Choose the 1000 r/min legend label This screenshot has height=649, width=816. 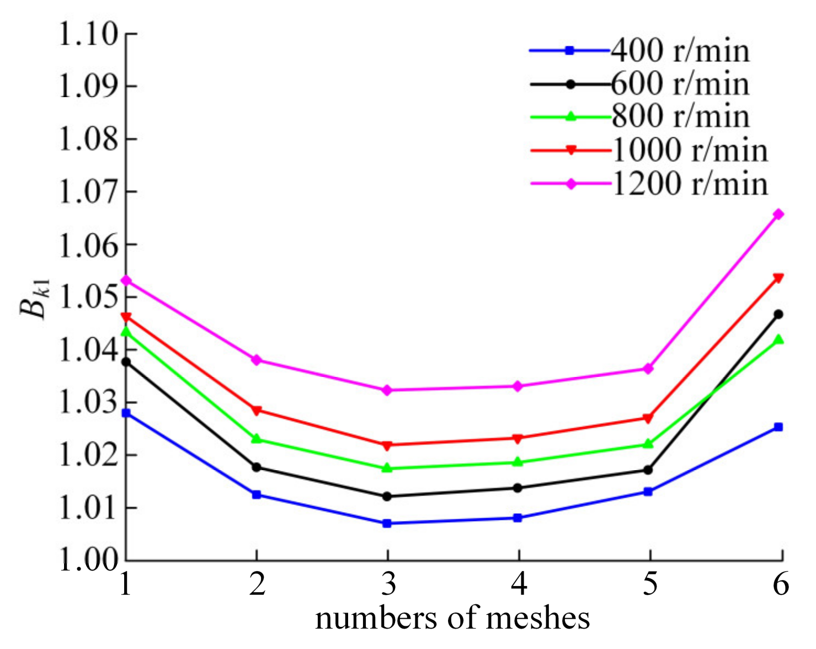pos(690,150)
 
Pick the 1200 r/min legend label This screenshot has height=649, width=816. pos(690,183)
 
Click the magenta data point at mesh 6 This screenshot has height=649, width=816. pos(778,214)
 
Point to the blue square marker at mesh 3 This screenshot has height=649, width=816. pos(387,523)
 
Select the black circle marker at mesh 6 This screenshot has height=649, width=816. pos(778,315)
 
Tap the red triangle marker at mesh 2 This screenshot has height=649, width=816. pos(257,411)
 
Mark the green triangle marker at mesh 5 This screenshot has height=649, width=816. pos(648,444)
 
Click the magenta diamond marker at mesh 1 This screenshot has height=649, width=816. pos(126,281)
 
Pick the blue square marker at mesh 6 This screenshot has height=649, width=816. pos(778,427)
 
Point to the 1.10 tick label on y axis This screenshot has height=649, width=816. pos(88,34)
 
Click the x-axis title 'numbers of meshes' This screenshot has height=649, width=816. pos(452,618)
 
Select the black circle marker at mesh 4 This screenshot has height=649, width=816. pos(518,488)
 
